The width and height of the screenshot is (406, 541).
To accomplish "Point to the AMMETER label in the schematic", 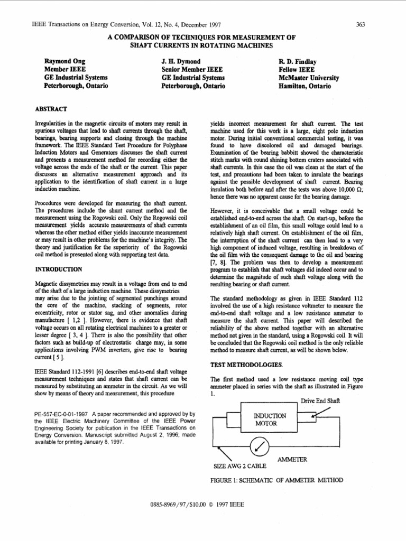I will [292, 460].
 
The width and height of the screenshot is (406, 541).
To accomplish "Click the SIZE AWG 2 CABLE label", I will [239, 467].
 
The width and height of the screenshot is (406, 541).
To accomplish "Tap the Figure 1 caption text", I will [276, 480].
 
